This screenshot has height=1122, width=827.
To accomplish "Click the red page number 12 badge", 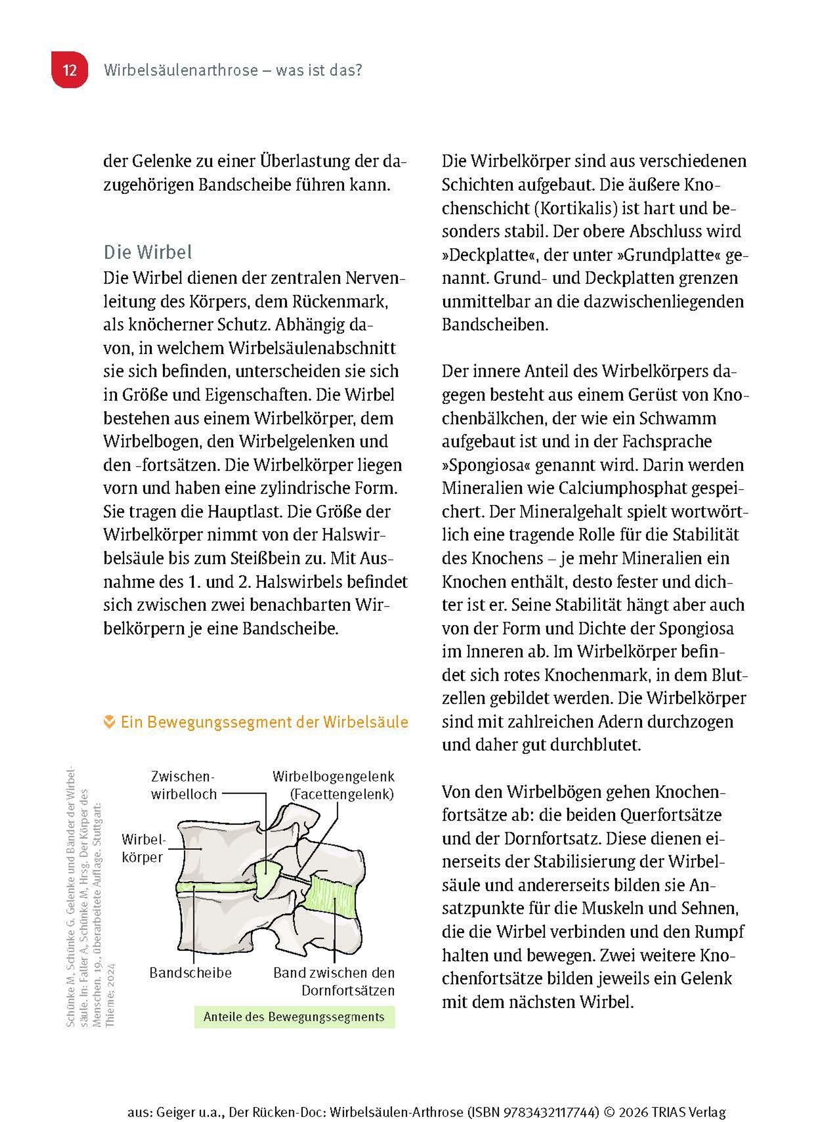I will click(70, 70).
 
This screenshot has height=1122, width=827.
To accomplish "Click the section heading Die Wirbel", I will click(148, 252).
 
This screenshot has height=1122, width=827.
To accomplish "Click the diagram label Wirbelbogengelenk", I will click(334, 777).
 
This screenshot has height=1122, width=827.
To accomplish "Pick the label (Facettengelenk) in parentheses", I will click(342, 794).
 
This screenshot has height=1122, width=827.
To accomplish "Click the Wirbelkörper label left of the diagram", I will click(143, 848).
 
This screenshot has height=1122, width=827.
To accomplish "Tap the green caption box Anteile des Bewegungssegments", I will click(294, 1017).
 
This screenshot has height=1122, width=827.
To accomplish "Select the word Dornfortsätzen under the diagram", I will click(348, 990).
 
